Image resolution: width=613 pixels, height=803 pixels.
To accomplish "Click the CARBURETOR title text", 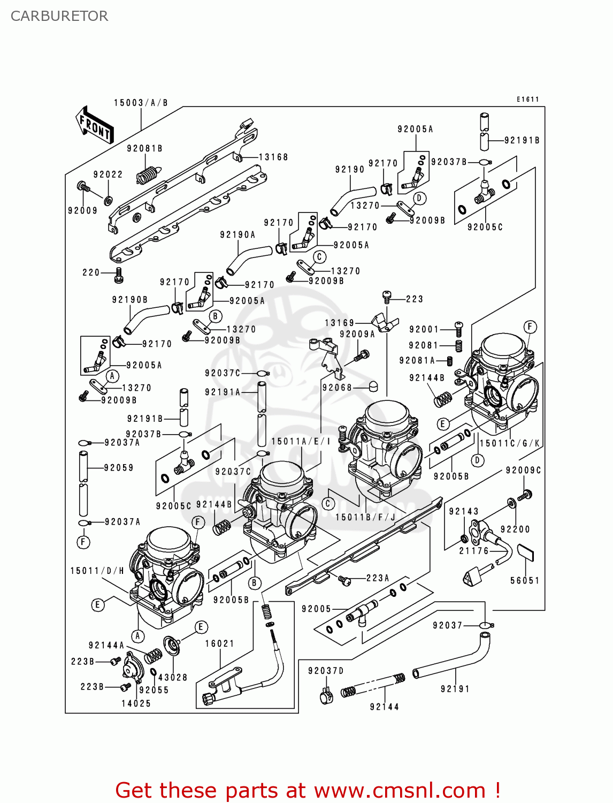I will tap(59, 16).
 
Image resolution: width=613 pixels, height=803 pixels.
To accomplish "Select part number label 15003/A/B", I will tap(141, 103).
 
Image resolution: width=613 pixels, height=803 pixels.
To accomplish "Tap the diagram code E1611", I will tap(527, 100).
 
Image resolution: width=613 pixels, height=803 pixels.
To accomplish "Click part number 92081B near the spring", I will tap(144, 149).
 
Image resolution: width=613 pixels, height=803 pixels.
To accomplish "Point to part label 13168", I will tap(273, 157).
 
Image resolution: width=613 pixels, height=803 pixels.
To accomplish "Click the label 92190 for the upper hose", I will tap(350, 170).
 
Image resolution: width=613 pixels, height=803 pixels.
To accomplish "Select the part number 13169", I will tap(340, 323).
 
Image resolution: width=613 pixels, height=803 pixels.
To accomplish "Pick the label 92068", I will tap(337, 388).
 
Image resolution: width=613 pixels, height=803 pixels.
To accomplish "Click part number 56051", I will tap(525, 580).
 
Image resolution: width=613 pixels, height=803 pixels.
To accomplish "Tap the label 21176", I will tap(474, 551).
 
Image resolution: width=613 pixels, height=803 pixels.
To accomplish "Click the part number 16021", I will tap(220, 643).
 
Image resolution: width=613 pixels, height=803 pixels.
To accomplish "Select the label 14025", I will tap(136, 703).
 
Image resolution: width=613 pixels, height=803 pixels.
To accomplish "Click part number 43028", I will tap(173, 677).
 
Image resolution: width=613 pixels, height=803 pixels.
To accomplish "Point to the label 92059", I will tap(119, 468).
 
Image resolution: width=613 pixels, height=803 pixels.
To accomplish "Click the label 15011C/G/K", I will tap(510, 443).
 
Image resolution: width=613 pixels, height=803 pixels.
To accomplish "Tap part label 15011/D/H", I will tap(97, 571).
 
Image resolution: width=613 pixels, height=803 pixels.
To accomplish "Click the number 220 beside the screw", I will tap(91, 272).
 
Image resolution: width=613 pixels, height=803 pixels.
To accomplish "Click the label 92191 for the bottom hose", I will tap(455, 689).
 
